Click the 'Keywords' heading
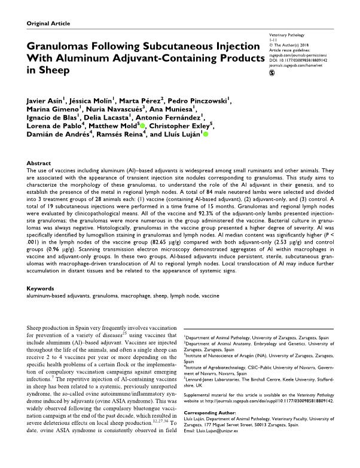(44, 288)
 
